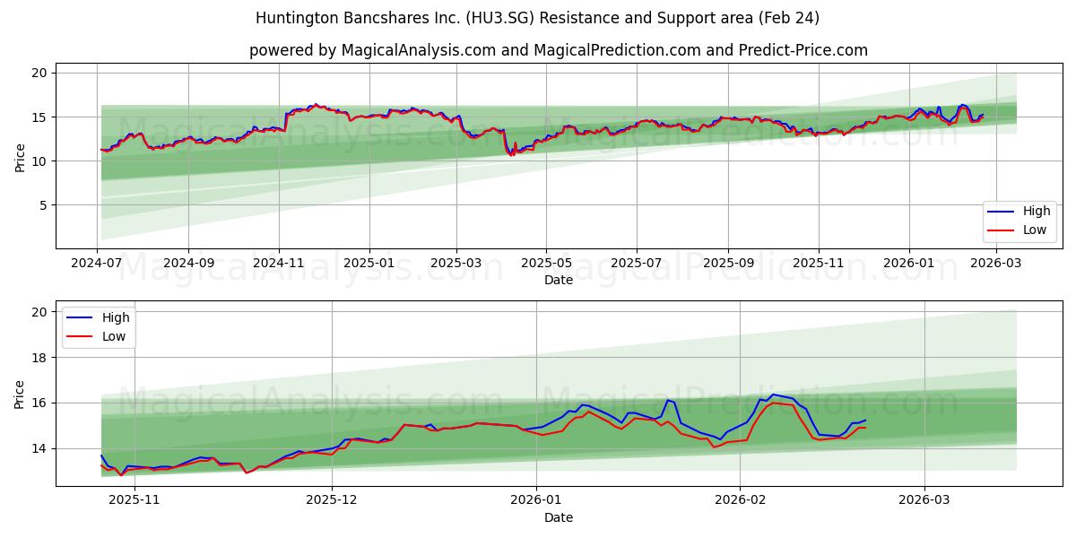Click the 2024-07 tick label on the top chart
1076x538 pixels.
click(x=97, y=265)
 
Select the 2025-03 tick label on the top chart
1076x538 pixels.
click(x=456, y=265)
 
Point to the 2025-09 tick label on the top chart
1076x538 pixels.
click(x=727, y=265)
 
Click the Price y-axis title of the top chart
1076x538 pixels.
click(x=21, y=157)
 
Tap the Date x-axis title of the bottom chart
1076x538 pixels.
click(x=559, y=517)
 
